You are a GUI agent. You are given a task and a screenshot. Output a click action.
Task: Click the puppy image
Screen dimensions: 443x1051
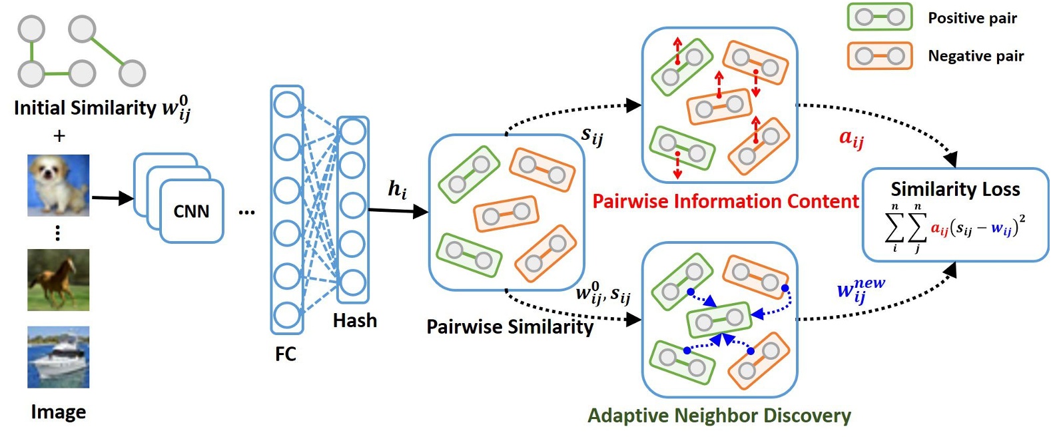[x=58, y=185]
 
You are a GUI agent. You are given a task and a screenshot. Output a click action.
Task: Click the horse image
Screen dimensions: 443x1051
[x=58, y=280]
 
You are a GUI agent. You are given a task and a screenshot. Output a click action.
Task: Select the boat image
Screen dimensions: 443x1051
[x=58, y=357]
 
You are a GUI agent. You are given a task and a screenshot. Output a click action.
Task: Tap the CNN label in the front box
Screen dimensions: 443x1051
[x=191, y=212]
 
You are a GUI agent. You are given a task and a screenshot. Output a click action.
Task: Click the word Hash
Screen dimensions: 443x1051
[x=354, y=321]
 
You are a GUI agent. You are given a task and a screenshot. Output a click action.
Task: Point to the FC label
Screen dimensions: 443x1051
[x=285, y=354]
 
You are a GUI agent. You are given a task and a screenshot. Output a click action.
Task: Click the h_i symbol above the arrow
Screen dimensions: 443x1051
[x=397, y=190]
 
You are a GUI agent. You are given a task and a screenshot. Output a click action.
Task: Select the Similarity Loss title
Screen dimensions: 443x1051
[x=955, y=189]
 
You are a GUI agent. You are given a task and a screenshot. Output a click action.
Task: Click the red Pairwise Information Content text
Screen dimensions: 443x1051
[x=725, y=201]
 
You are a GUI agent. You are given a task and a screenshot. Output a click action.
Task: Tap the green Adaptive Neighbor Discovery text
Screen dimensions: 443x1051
[x=719, y=416]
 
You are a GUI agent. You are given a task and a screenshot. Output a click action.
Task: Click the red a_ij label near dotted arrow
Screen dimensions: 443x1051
[x=851, y=139]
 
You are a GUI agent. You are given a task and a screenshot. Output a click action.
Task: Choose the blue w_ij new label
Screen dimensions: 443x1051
[x=859, y=290]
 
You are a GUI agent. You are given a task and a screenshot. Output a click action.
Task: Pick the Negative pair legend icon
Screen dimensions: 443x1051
[x=879, y=56]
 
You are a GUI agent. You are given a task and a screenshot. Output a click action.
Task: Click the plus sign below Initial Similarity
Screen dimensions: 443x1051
[x=59, y=136]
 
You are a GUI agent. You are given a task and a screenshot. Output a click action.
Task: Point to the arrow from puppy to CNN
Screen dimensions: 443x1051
[x=112, y=198]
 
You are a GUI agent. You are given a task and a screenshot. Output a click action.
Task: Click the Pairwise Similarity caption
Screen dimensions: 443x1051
[x=510, y=327]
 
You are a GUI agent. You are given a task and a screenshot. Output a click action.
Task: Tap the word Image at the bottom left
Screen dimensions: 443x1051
[x=58, y=412]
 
